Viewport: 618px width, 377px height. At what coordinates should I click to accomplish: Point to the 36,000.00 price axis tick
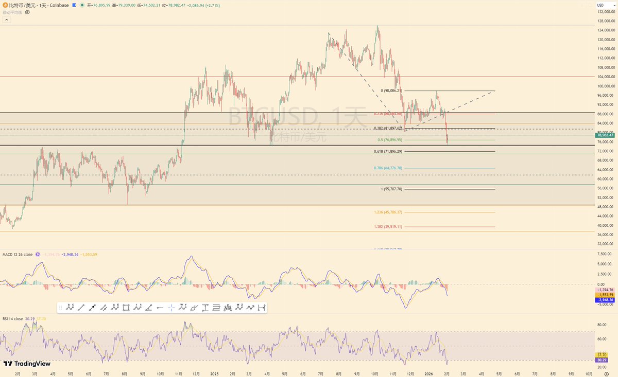click(606, 235)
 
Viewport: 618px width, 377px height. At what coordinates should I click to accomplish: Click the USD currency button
click(601, 5)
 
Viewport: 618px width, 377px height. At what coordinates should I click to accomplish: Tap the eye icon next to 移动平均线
click(27, 12)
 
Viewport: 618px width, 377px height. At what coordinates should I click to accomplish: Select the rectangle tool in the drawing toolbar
click(126, 308)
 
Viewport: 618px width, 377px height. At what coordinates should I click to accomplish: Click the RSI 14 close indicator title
click(12, 319)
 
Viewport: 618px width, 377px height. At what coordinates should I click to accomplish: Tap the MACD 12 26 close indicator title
click(18, 255)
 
